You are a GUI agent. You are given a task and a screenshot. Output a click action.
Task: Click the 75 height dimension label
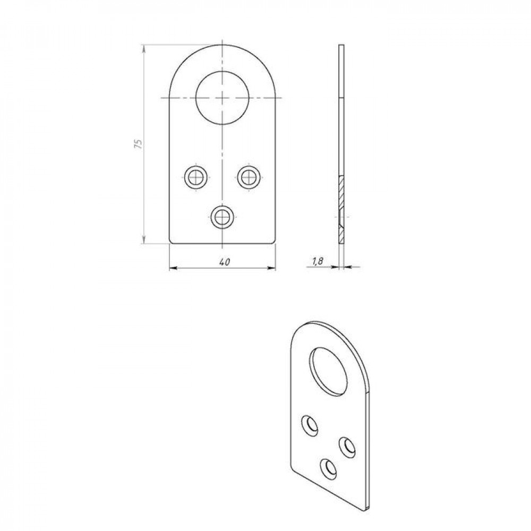[138, 143]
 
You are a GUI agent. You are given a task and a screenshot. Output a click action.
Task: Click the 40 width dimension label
[225, 262]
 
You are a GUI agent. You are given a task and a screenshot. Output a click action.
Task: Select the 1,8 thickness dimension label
[318, 261]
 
